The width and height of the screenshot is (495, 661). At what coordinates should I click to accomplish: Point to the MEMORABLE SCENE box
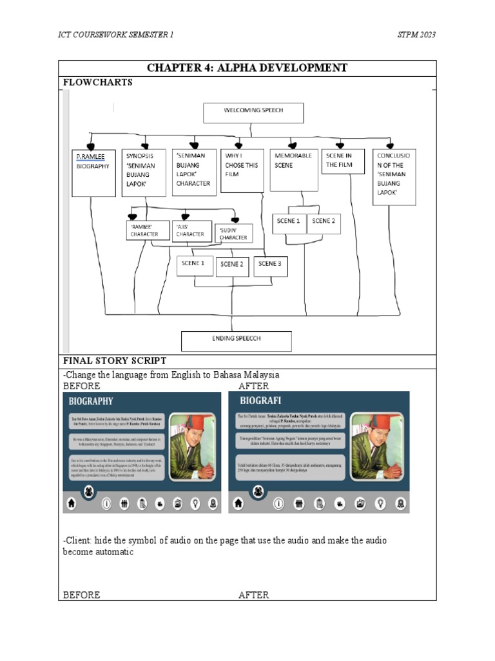coord(293,170)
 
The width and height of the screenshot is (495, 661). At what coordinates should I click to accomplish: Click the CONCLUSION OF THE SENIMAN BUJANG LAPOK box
coord(394,177)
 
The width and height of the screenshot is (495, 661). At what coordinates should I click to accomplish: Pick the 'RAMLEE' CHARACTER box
coord(148,230)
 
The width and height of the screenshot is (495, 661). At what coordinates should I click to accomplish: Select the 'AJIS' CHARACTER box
coord(192,230)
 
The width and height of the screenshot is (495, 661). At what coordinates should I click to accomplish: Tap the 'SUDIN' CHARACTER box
coord(233,234)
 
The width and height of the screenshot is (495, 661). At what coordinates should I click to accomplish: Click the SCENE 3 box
coord(270,264)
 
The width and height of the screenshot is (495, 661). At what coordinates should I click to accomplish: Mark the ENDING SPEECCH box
coord(236,340)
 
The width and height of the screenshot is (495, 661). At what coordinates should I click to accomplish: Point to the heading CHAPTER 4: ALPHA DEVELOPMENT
coord(247,68)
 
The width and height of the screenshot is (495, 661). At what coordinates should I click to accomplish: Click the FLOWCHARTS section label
coord(97,82)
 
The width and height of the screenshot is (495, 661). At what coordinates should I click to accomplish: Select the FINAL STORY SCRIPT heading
coord(114,361)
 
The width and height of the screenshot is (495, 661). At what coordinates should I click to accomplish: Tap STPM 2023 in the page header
coord(416,34)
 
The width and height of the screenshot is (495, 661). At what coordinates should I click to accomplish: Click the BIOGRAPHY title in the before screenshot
coord(92,401)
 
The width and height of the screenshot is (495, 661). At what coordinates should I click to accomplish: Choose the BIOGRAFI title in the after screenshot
coord(258,401)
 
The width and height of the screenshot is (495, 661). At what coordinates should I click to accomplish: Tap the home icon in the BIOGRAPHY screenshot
coord(71,503)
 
